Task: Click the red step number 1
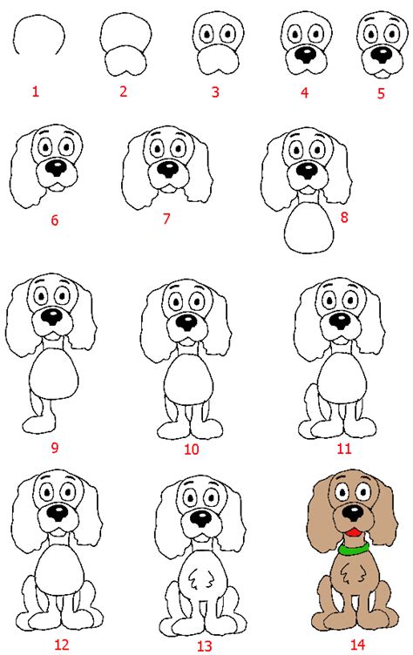click(36, 91)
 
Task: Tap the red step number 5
click(381, 92)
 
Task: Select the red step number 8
click(344, 217)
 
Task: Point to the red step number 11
click(344, 449)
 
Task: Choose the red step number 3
click(215, 92)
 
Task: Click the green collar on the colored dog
click(354, 548)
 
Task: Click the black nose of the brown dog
click(353, 512)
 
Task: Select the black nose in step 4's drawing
click(306, 55)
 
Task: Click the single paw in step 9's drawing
click(39, 425)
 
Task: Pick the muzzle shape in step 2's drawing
click(125, 61)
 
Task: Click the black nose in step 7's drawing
click(168, 169)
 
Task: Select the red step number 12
click(62, 644)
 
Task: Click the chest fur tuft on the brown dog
click(350, 573)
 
